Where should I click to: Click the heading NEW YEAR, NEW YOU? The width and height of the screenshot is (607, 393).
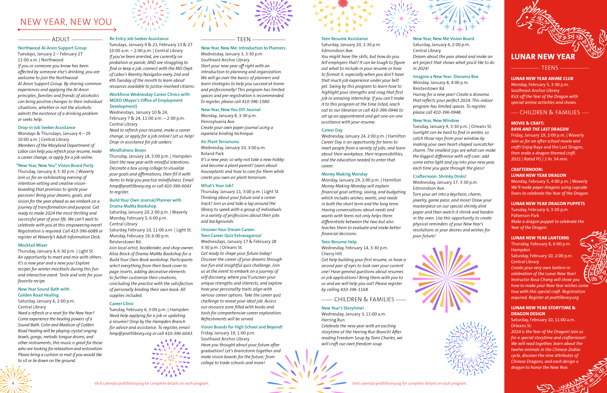(x=66, y=22)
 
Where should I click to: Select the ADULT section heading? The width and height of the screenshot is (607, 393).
(x=61, y=39)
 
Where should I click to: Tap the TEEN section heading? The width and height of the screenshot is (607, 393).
(x=244, y=39)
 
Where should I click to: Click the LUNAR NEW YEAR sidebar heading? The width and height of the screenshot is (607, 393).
(x=543, y=57)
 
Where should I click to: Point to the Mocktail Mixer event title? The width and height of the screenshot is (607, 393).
(x=33, y=245)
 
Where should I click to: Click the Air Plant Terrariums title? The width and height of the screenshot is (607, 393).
(x=220, y=142)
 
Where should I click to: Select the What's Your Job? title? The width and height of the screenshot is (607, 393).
(x=217, y=186)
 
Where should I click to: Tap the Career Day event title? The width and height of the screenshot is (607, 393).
(x=332, y=130)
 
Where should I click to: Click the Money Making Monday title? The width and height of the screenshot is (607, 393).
(x=344, y=174)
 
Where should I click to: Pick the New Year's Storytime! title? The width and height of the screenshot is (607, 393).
(x=343, y=308)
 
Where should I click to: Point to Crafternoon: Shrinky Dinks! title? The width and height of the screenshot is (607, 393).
(x=439, y=176)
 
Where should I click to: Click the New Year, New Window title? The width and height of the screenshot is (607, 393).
(x=436, y=120)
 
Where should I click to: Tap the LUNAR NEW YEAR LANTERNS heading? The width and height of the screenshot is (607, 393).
(x=540, y=238)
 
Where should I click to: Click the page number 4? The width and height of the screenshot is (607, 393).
(x=13, y=383)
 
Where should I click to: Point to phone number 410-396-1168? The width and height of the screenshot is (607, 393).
(x=354, y=289)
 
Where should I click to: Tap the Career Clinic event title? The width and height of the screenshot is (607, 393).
(x=121, y=304)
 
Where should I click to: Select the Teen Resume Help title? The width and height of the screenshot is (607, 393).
(x=339, y=242)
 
